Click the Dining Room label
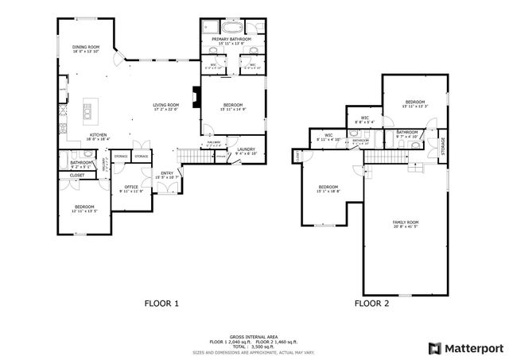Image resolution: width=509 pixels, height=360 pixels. [x=86, y=48]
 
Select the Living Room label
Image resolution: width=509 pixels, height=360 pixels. [x=166, y=106]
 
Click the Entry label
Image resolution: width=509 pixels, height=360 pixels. [x=167, y=173]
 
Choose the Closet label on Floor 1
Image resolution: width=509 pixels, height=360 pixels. [x=77, y=175]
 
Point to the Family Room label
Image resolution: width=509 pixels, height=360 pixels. [x=406, y=224]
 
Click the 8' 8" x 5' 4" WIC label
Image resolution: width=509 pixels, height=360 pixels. [x=364, y=120]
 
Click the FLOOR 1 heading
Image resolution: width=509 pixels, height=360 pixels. [x=161, y=303]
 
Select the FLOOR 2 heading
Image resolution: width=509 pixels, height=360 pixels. [x=371, y=303]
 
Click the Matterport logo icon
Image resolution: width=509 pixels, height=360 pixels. [x=433, y=347]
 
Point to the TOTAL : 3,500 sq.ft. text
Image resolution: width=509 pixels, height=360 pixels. [x=254, y=346]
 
